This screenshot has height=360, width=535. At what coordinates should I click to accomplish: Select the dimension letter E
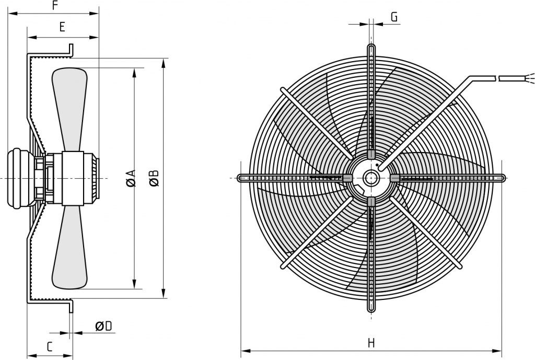(62, 27)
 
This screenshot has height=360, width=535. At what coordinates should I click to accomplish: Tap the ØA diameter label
(131, 178)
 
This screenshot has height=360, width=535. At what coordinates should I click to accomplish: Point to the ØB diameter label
(154, 178)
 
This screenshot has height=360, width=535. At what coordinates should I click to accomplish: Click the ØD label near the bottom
(104, 327)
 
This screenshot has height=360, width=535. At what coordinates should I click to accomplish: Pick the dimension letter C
(50, 347)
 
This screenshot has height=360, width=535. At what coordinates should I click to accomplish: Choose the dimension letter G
(394, 17)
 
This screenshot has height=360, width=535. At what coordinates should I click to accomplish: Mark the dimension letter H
(371, 343)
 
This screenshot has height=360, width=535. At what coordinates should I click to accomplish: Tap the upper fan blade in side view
(69, 109)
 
